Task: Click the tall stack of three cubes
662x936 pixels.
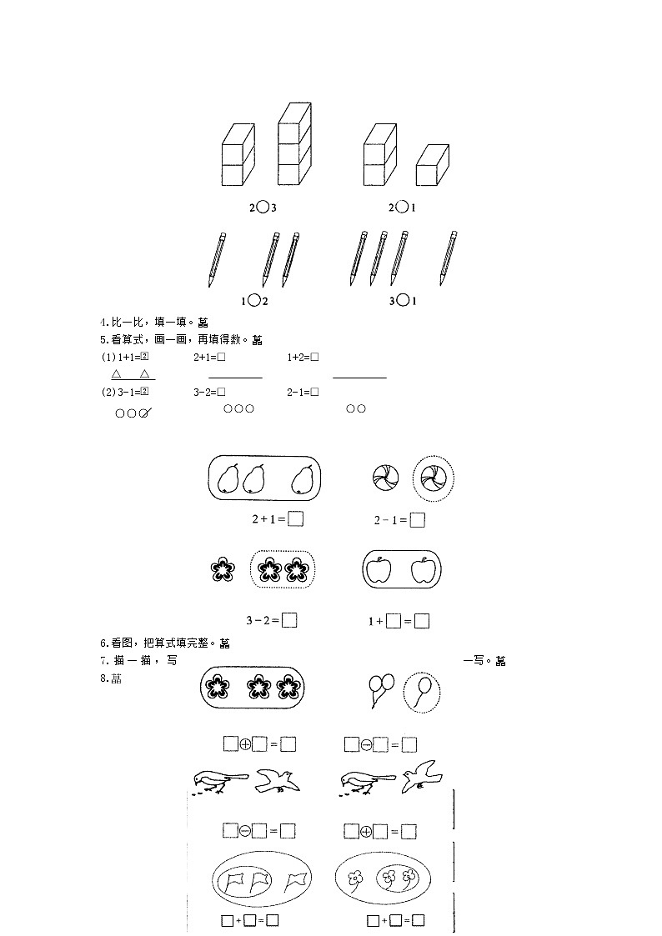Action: click(x=294, y=145)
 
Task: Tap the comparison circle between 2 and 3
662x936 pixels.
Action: click(x=263, y=207)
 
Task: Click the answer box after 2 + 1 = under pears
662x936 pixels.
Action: click(x=294, y=518)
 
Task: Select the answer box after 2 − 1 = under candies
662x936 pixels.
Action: click(x=418, y=520)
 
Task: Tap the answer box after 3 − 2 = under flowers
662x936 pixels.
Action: click(x=289, y=620)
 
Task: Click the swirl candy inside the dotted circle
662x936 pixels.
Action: click(x=434, y=478)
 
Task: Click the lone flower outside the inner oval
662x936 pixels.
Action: click(x=356, y=878)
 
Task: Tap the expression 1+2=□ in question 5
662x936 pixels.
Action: click(x=303, y=357)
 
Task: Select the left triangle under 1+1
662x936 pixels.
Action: click(x=117, y=374)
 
